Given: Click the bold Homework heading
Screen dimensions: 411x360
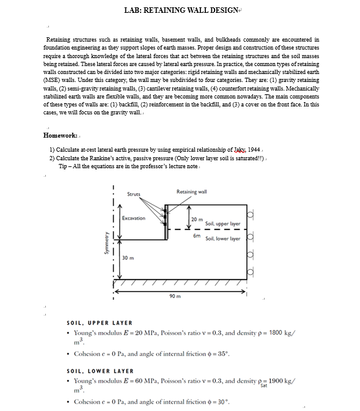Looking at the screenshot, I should [x=60, y=135].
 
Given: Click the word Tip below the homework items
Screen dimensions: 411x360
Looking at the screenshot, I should [x=64, y=166].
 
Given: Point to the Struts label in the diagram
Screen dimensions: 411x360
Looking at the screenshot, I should [x=133, y=194].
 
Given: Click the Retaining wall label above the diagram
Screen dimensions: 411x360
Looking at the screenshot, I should [x=191, y=192].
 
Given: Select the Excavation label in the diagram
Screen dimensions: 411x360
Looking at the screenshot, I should [x=133, y=218].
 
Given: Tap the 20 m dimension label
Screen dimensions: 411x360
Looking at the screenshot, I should [x=197, y=220].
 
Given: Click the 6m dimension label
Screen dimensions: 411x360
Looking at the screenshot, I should [x=196, y=235].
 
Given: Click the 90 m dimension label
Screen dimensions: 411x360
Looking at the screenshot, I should [x=175, y=297].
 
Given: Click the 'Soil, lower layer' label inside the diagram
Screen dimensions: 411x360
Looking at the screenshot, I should [x=222, y=239].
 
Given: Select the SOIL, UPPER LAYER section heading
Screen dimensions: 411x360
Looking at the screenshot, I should [x=99, y=323].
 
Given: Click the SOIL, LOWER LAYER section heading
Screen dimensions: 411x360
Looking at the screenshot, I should [x=100, y=371].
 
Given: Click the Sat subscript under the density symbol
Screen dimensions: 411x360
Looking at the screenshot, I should [x=264, y=386].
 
